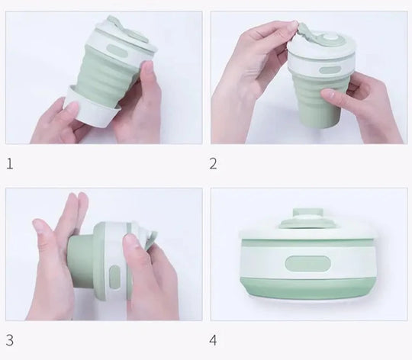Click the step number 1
pos(10,164)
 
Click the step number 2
pos(214,164)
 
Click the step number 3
pos(10,340)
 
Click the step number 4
pos(213,340)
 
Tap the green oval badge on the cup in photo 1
pos(117,50)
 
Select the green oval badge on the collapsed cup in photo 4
pos(307,264)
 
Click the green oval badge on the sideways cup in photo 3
pos(114,277)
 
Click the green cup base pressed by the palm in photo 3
pos(80,262)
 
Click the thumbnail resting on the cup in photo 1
pos(148,67)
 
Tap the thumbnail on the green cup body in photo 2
pos(328,94)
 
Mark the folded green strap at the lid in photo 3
pos(147,239)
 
